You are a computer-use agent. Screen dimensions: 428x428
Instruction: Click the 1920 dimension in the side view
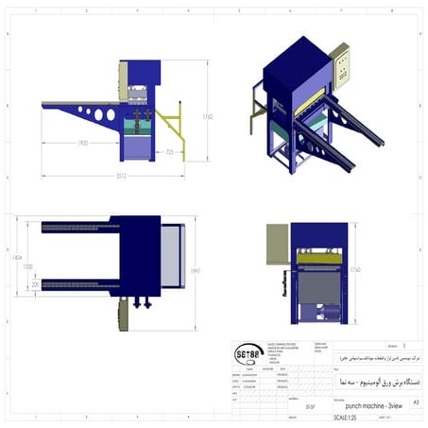(x=83, y=144)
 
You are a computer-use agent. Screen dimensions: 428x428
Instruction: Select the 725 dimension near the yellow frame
(x=170, y=151)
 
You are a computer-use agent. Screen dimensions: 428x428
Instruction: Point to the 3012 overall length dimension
(x=120, y=176)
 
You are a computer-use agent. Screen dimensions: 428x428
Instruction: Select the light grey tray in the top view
(x=171, y=257)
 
